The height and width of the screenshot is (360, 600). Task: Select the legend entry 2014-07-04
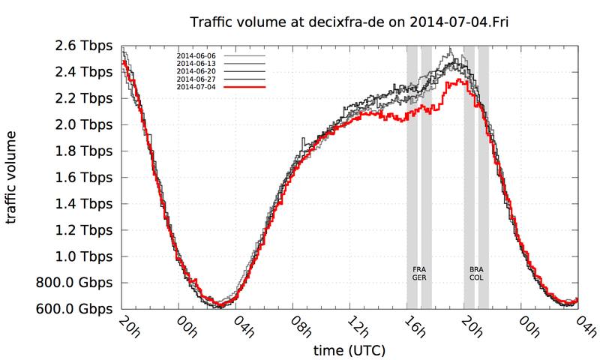pos(196,87)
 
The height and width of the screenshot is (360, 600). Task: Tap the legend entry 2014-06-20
pos(196,72)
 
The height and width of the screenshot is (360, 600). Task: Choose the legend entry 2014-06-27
pos(196,79)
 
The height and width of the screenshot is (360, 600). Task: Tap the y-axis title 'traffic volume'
pos(14,177)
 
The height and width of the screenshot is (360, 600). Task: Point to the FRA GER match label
pos(419,273)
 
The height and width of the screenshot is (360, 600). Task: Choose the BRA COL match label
pos(476,273)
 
